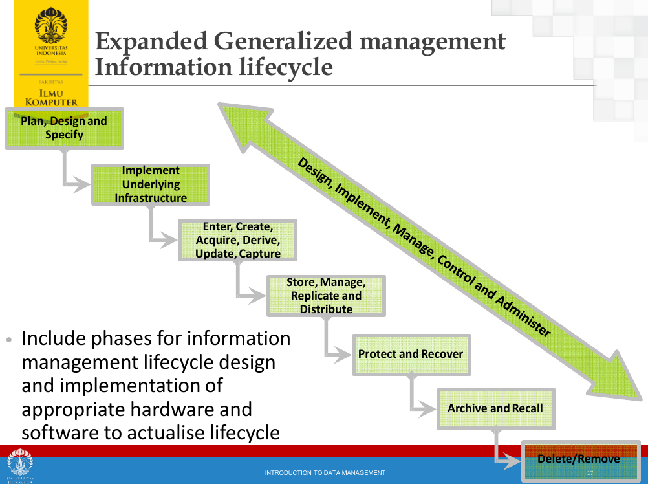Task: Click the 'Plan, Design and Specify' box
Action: click(63, 128)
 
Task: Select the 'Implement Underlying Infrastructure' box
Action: click(151, 184)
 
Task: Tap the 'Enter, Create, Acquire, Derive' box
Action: click(237, 240)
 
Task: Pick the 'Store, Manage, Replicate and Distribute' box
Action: click(326, 296)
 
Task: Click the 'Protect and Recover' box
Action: click(411, 354)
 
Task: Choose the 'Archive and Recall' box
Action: click(495, 408)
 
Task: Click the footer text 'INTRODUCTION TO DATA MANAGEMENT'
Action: click(325, 473)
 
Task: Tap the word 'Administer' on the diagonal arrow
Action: click(523, 318)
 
